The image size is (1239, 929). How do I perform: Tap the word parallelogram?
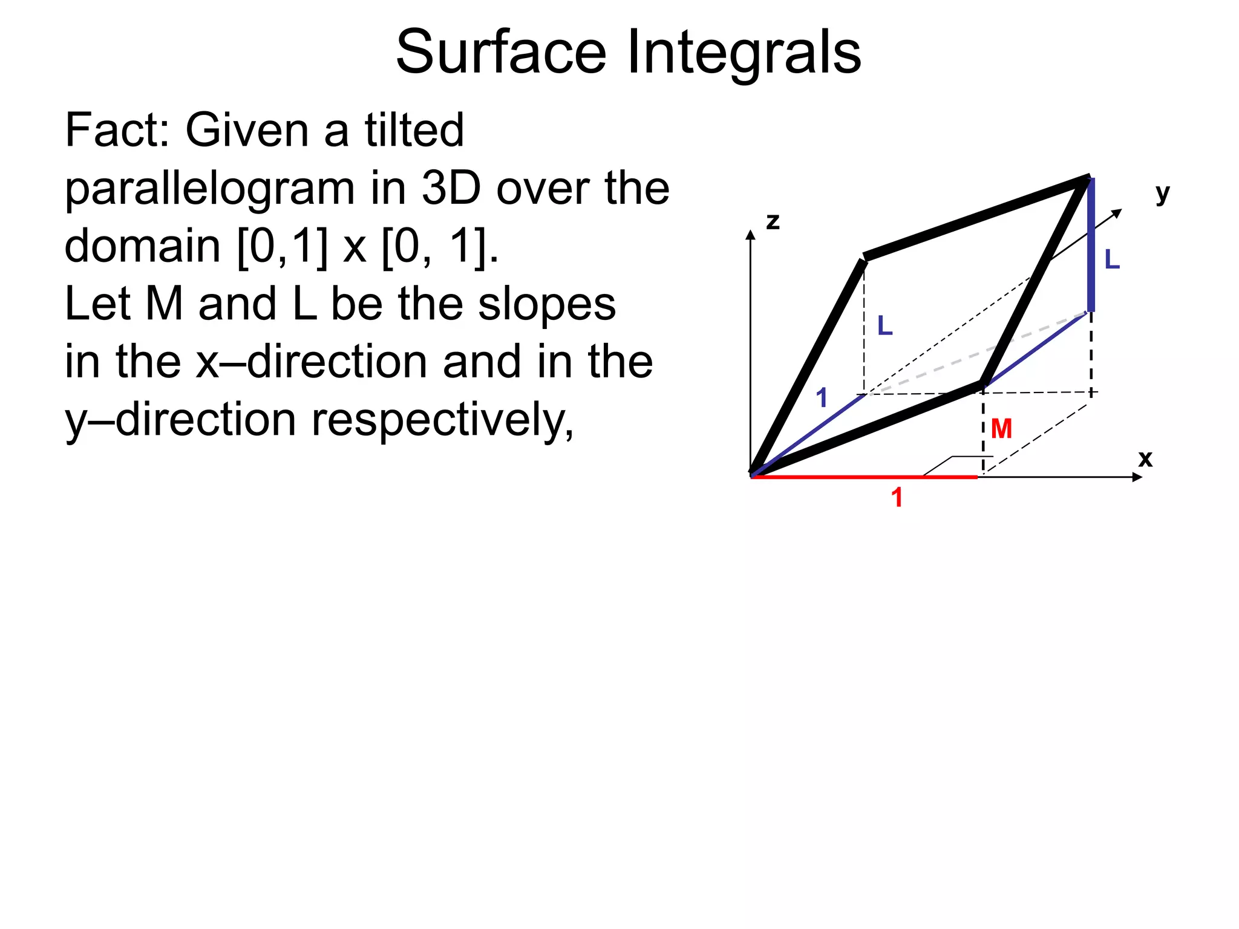click(x=210, y=189)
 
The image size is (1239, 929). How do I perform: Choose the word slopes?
click(x=546, y=304)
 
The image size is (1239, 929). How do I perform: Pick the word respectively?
click(x=442, y=420)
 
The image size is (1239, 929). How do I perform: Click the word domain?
click(x=143, y=246)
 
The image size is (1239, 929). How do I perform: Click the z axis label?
click(x=773, y=222)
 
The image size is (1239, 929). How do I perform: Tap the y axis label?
click(x=1162, y=194)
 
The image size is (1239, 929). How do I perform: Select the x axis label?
click(x=1145, y=459)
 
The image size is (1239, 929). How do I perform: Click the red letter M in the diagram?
click(x=1001, y=429)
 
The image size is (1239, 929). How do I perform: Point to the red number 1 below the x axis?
click(x=897, y=498)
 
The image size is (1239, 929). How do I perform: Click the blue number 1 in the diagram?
click(x=821, y=398)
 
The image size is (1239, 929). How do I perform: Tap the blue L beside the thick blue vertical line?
click(x=1112, y=259)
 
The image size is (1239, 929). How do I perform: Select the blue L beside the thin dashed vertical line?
click(x=885, y=326)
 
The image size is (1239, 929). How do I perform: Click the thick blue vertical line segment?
click(x=1091, y=245)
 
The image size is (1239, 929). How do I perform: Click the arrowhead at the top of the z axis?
click(x=751, y=235)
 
